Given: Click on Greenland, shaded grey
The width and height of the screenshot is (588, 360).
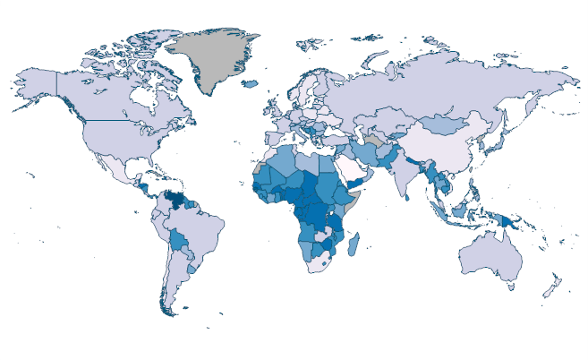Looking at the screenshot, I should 215,58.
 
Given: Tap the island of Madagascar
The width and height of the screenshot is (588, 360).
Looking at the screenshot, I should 355,243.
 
